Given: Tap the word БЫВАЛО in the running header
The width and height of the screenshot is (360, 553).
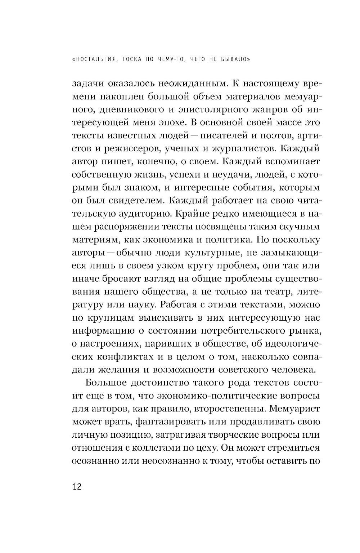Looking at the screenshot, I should pyautogui.click(x=232, y=60).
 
